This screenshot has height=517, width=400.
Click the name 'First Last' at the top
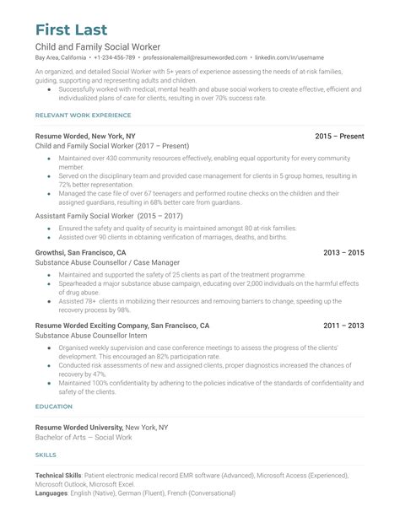coord(77,19)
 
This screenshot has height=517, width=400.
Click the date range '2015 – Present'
coord(339,135)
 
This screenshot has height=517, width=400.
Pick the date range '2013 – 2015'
coord(343,252)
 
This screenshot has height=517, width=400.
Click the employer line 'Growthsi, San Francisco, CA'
coord(81,252)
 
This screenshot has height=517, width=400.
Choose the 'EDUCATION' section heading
coord(54,406)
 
